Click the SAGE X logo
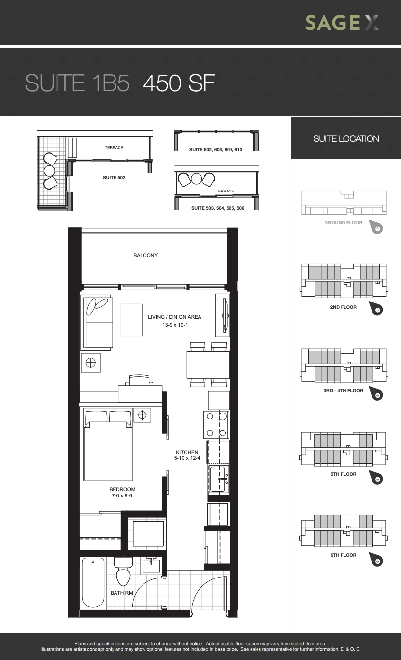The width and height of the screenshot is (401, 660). pos(342,23)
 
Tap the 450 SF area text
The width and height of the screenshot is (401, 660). pos(179,83)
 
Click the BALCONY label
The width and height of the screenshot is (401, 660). pos(145,255)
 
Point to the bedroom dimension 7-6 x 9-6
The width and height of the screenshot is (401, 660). pos(122,495)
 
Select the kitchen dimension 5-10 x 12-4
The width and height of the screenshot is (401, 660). pos(187,458)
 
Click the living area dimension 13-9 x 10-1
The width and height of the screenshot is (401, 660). pos(175,325)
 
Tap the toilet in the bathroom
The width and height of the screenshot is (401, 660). pos(123,571)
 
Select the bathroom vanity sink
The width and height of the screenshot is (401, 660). pos(151,565)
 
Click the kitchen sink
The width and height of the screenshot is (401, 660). pos(219,478)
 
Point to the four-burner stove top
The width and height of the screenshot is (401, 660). pos(216,425)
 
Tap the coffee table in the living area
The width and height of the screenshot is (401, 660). pos(132,320)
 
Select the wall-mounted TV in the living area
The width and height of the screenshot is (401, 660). pos(225,315)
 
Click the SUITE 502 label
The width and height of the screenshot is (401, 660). pos(114,178)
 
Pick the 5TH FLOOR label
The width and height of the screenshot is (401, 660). pos(343,474)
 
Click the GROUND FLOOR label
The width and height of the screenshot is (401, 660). pos(343,223)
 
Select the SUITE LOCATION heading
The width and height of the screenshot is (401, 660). pos(346,139)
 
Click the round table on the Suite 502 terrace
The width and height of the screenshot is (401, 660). pos(49,170)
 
